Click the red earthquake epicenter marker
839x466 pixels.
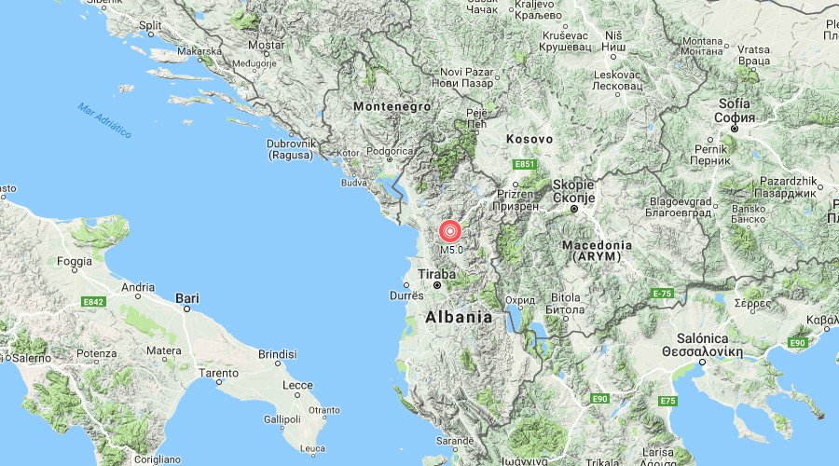tap(450, 230)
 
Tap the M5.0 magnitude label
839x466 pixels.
tap(451, 250)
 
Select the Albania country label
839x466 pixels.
tap(458, 317)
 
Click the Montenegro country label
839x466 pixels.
tap(392, 107)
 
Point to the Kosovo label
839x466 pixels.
tap(530, 139)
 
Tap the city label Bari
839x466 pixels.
tap(186, 298)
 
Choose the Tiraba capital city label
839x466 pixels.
tap(436, 274)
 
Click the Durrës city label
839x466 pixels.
tap(406, 295)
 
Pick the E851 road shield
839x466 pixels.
tap(525, 165)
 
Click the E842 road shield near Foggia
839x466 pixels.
tap(92, 302)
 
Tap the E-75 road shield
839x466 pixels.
tap(662, 294)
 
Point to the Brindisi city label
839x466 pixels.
tap(277, 355)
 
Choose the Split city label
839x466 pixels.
tap(149, 25)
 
